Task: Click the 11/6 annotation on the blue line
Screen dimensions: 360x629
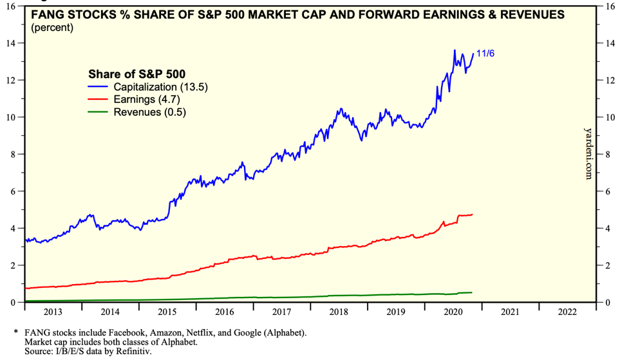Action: coord(485,53)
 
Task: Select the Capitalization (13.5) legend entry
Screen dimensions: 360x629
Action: coord(161,86)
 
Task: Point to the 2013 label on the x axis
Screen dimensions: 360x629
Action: coord(53,312)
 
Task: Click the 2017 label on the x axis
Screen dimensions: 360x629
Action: coord(281,312)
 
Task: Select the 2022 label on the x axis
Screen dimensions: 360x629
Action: coord(567,312)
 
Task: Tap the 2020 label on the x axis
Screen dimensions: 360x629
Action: coord(453,312)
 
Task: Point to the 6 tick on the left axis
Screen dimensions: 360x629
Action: coord(14,191)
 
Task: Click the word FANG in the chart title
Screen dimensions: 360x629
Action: coord(46,14)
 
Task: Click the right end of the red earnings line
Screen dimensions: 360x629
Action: coord(473,214)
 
